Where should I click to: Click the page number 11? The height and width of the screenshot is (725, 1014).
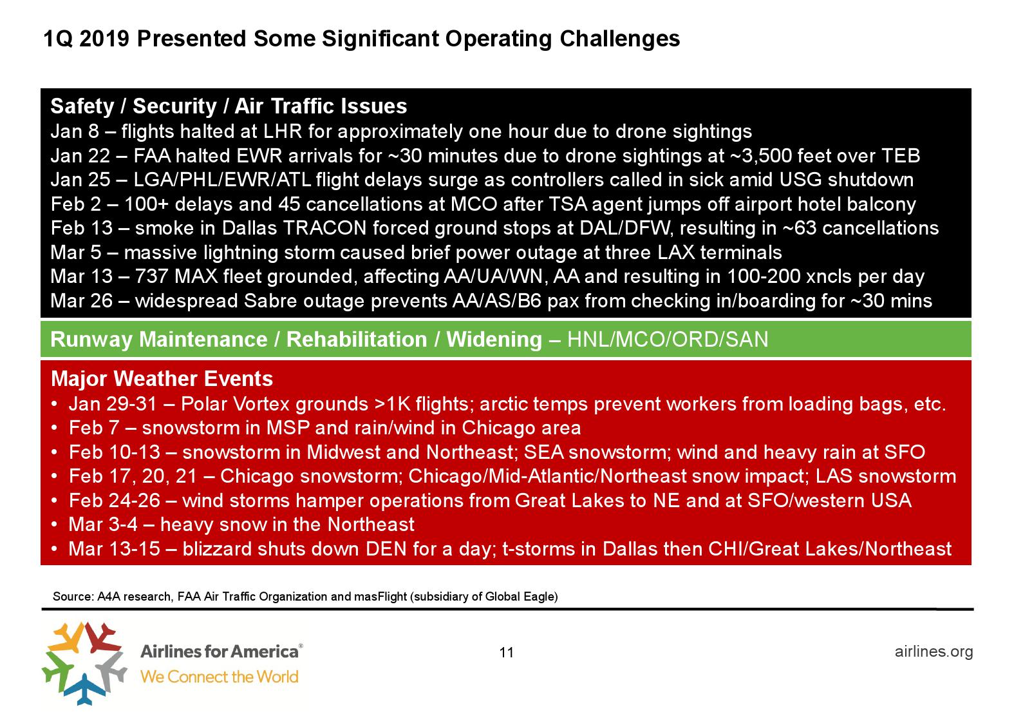pos(507,652)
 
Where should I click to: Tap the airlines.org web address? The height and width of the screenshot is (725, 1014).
pos(934,652)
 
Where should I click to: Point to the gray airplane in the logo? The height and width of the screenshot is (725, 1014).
pos(111,668)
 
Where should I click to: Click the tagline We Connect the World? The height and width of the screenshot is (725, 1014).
pos(220,677)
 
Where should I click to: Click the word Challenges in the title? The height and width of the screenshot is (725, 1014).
pos(620,39)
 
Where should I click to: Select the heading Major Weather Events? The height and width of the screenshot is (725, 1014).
pos(162,379)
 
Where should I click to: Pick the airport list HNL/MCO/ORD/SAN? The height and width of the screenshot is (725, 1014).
pos(668,340)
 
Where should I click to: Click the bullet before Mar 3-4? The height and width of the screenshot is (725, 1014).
pos(54,525)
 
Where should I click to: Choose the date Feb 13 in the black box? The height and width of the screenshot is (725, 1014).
pos(82,228)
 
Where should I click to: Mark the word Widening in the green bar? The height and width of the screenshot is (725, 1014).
pos(494,340)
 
